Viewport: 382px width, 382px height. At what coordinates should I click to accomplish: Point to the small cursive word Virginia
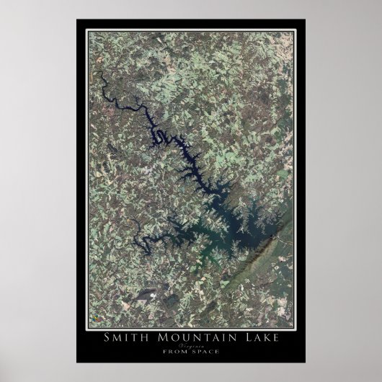[190, 346]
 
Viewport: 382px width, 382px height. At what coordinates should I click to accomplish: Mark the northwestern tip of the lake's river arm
[100, 76]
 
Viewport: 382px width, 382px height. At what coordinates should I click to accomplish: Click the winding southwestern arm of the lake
[148, 241]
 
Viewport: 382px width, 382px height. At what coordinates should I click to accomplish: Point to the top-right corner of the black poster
[305, 19]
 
